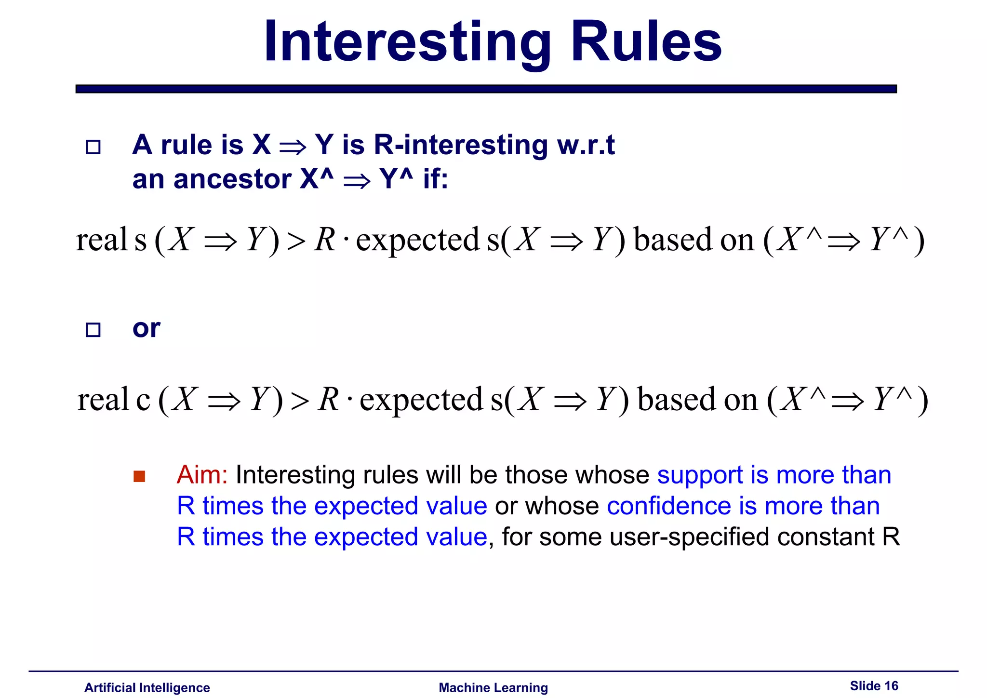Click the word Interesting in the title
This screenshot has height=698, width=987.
click(407, 42)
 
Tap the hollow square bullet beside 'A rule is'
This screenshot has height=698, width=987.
click(93, 147)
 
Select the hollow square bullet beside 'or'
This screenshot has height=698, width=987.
click(93, 330)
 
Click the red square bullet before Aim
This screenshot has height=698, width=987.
click(139, 476)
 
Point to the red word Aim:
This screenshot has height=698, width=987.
click(202, 475)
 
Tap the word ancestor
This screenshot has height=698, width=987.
click(233, 179)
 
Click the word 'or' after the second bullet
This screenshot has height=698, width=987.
click(146, 329)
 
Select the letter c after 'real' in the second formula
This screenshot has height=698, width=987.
click(143, 400)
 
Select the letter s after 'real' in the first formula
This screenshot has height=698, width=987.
click(140, 240)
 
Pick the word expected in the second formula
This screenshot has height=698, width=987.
click(421, 400)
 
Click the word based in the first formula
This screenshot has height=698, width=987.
click(673, 240)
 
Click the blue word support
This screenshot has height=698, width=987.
click(700, 475)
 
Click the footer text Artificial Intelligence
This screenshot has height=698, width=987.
click(147, 687)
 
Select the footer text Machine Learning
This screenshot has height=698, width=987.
click(493, 687)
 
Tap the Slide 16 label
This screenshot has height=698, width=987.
click(874, 685)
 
